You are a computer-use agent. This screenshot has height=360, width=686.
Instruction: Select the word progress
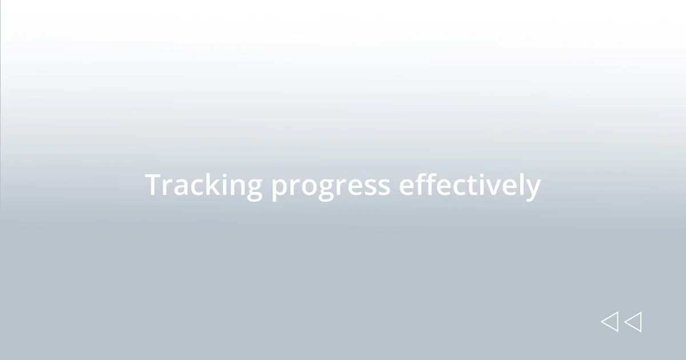[331, 187]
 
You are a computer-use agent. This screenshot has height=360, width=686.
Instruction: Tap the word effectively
[469, 186]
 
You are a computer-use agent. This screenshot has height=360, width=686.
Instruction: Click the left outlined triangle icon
[609, 322]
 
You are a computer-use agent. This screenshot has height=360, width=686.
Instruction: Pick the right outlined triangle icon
[633, 322]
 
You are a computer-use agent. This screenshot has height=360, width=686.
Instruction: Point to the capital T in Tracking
[153, 185]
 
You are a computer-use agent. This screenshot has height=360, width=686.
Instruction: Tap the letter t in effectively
[469, 186]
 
